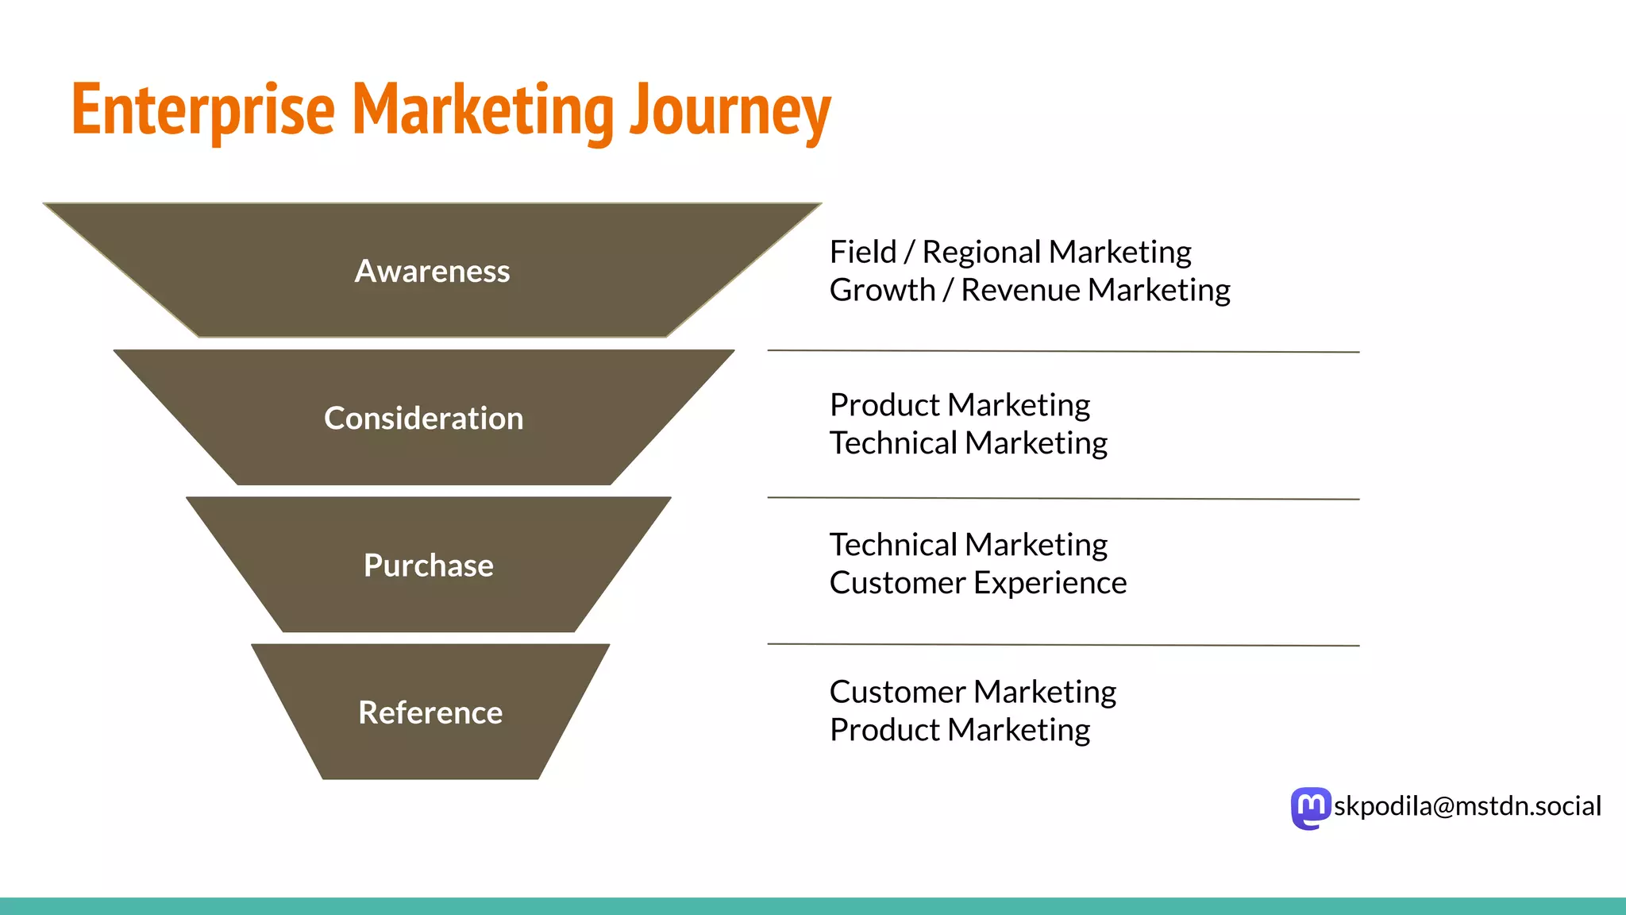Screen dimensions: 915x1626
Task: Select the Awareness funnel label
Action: click(432, 272)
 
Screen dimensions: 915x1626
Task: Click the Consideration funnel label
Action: click(423, 419)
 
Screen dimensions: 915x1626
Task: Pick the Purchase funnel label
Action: click(428, 566)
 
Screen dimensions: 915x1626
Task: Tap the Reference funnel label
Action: click(430, 712)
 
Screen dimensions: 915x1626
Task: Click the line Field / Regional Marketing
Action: click(1010, 253)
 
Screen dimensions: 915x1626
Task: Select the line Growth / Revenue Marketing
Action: click(1030, 291)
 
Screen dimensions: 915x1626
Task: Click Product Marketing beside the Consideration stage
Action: click(959, 405)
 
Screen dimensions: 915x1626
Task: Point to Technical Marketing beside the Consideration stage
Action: click(968, 443)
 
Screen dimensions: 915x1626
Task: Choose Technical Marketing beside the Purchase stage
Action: click(968, 545)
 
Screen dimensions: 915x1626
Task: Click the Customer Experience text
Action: click(977, 583)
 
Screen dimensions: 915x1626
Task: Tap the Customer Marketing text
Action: click(973, 692)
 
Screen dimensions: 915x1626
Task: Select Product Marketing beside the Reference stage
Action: click(959, 730)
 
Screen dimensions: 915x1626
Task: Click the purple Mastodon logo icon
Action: click(1310, 808)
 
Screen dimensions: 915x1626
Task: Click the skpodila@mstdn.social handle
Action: click(1467, 806)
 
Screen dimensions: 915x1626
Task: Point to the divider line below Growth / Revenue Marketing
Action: click(1062, 350)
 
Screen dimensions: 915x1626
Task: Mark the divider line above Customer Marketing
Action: click(1062, 645)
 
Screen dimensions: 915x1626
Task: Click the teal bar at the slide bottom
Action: click(813, 905)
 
